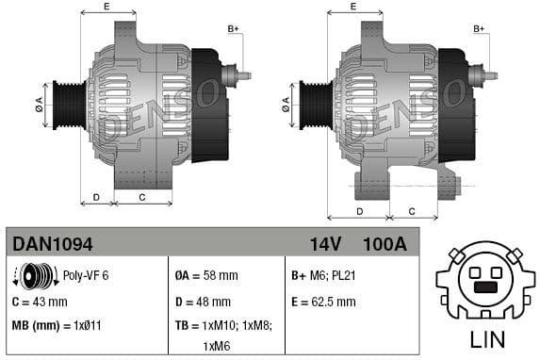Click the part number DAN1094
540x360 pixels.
[x=53, y=245]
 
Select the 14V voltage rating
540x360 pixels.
[x=325, y=245]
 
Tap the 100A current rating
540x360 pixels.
[x=384, y=245]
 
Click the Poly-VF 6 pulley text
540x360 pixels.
[x=86, y=276]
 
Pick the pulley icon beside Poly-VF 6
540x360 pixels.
[x=37, y=276]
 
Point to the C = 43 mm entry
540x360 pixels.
[x=40, y=303]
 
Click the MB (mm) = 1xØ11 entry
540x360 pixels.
[x=56, y=326]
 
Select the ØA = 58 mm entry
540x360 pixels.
[x=206, y=276]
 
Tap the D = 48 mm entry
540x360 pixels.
[x=203, y=303]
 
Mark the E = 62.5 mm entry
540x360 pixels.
[x=324, y=303]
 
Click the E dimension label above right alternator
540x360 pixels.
[x=352, y=7]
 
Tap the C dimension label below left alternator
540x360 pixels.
[x=141, y=197]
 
